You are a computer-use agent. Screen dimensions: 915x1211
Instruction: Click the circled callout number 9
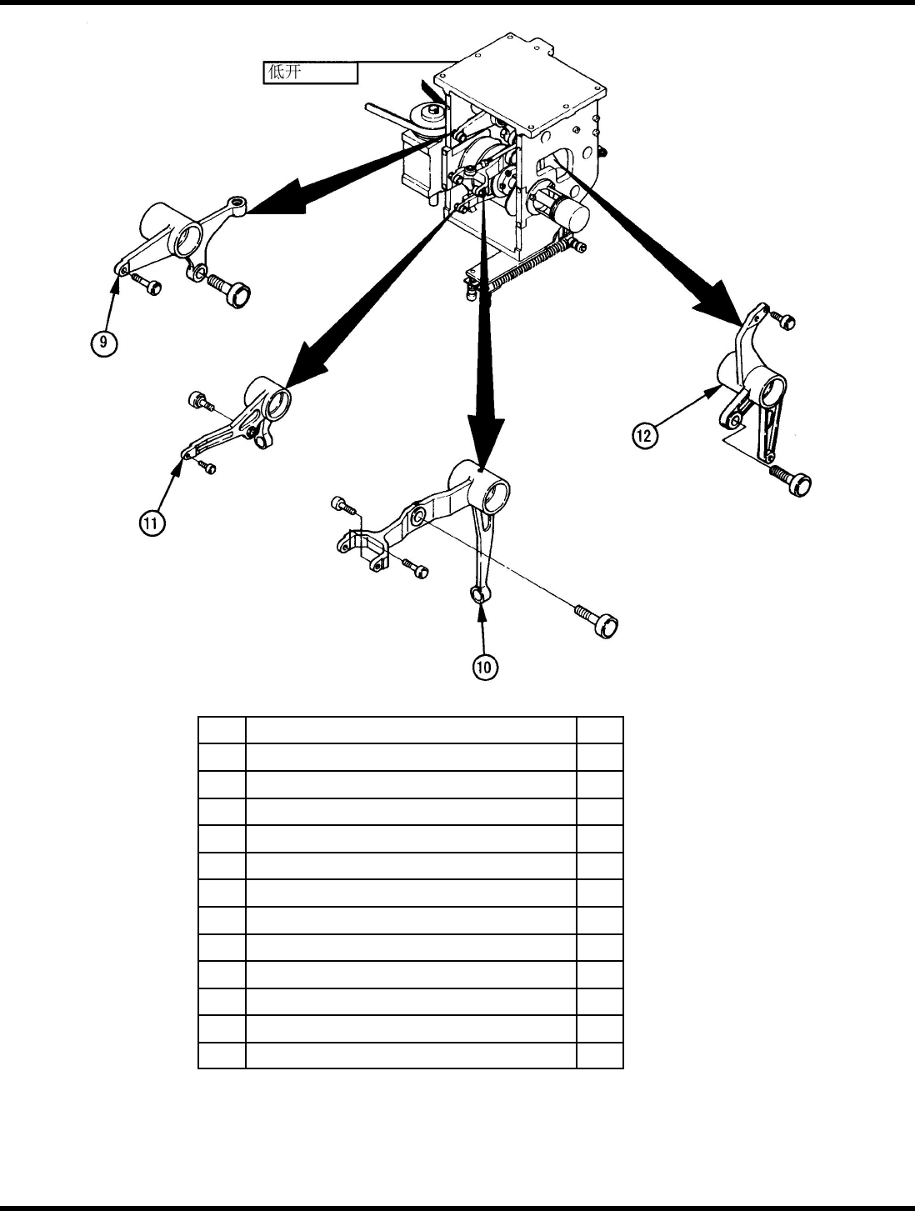[105, 343]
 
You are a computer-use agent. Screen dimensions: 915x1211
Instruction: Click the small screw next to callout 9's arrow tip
[147, 286]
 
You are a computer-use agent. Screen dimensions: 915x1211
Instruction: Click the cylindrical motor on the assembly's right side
[571, 212]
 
